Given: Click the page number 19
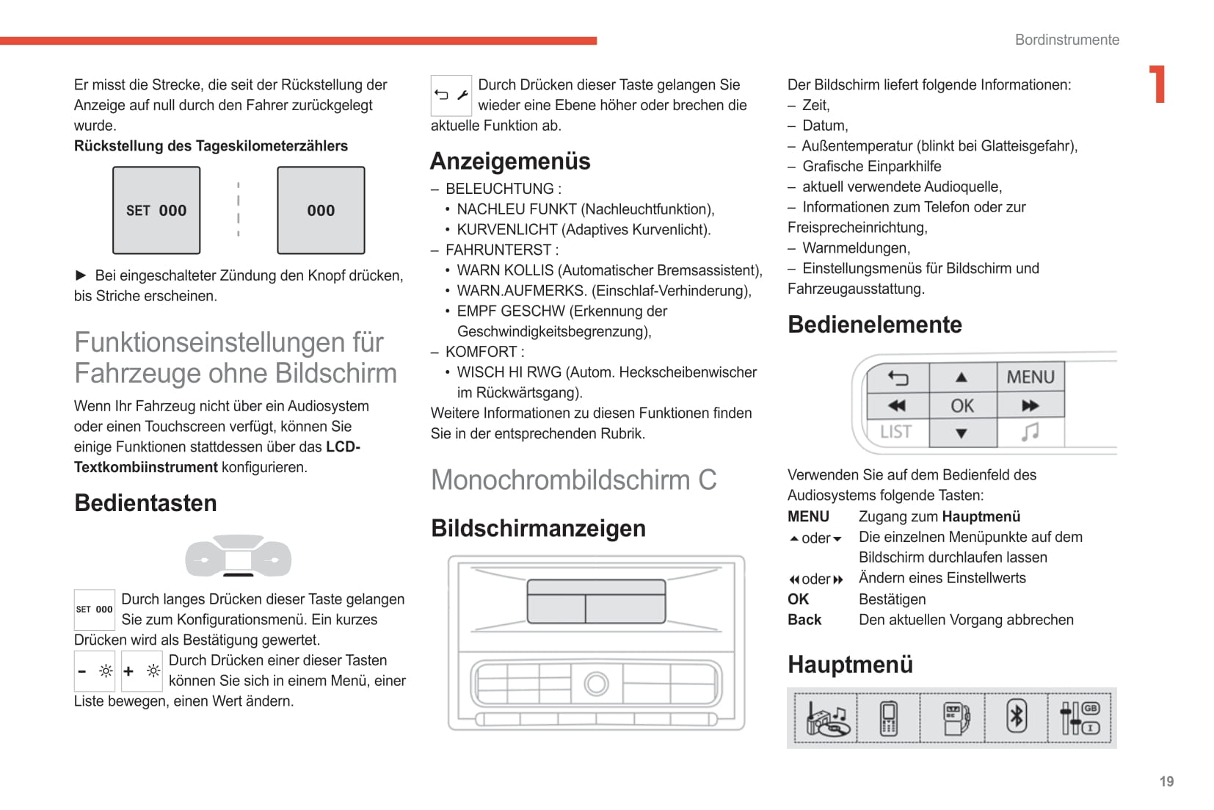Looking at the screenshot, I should click(x=1166, y=781).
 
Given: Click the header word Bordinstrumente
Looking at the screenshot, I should click(x=1066, y=40).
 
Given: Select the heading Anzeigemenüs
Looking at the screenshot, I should click(x=510, y=161).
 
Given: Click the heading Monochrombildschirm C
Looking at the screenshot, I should click(x=573, y=480).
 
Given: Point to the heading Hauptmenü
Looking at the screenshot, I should click(x=850, y=664).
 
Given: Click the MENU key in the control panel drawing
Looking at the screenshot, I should click(x=1030, y=377).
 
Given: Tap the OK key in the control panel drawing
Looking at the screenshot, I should click(x=962, y=405).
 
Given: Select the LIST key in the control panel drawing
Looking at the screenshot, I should click(x=896, y=432).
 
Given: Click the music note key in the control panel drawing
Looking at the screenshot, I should click(x=1030, y=432).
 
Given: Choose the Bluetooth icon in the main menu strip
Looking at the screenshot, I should click(x=1016, y=717).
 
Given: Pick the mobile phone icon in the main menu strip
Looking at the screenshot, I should click(x=888, y=717).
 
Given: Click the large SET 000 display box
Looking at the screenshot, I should click(x=156, y=210).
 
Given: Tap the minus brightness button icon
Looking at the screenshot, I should click(x=95, y=670).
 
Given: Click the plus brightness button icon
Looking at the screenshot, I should click(x=142, y=670).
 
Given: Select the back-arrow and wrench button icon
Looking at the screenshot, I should click(x=451, y=95).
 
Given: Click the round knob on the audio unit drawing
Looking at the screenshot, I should click(x=596, y=684).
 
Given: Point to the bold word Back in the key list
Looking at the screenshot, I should click(x=804, y=620).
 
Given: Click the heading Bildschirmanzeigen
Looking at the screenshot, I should click(x=538, y=528).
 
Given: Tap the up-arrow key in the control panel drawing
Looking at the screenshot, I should click(x=962, y=377).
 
